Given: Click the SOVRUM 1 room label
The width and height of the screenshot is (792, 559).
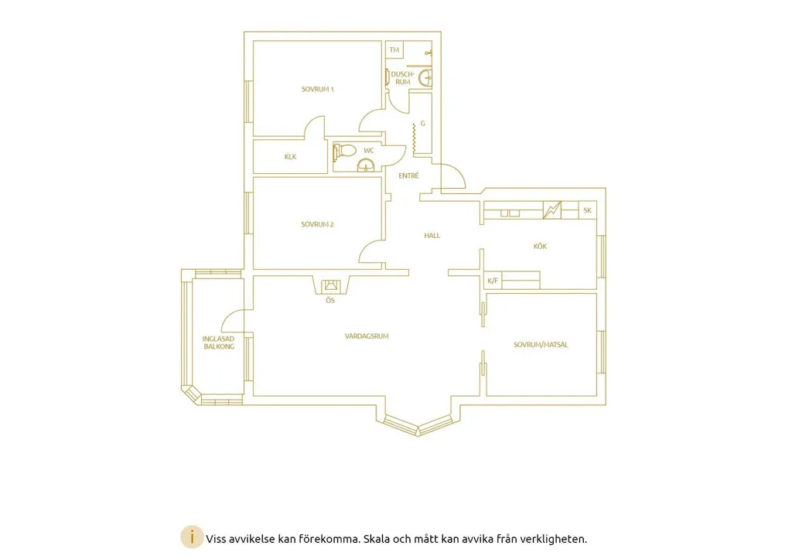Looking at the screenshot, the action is coord(318,90).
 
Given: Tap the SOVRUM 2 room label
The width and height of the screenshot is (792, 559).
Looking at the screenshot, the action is coord(317,224).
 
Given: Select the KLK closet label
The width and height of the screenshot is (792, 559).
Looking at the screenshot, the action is coord(291,156).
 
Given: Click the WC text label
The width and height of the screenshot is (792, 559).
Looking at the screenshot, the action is coord(369,151).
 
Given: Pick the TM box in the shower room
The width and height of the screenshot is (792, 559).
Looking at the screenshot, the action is coord(394,49).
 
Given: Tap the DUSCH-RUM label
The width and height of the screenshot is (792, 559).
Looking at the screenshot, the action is coord(402,78).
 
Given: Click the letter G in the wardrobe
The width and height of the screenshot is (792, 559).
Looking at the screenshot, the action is coord(423,123).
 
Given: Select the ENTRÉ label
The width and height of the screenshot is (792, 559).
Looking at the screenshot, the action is coord(408,176).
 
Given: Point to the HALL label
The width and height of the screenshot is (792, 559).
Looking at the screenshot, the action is coord(432,235).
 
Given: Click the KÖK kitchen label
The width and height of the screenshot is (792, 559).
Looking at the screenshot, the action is coord(540,246).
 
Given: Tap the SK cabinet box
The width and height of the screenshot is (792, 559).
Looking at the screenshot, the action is coord(588,210).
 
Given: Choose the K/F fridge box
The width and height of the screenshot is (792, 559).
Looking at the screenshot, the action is coord(493,281).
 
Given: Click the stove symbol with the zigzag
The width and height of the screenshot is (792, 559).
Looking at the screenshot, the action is coord(551,210).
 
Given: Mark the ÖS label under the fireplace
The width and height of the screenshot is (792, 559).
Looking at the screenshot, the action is coord(329,301).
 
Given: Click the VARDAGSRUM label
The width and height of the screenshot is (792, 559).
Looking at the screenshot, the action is coord(367,336).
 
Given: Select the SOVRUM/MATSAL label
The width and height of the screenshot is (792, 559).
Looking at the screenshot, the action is coord(541,345).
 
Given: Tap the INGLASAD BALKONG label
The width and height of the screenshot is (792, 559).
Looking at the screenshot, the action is coord(219,343).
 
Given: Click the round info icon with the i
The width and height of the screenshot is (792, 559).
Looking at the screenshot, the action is coord(192,538).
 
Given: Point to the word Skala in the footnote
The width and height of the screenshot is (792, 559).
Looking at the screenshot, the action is coord(377,539).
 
